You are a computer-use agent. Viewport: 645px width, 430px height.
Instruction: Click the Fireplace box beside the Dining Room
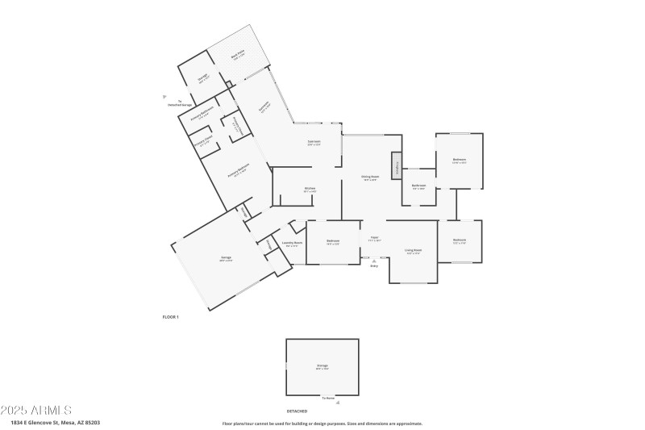[397, 165]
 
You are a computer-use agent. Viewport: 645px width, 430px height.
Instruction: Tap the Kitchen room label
[310, 190]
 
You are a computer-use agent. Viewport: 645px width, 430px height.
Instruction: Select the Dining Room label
[371, 177]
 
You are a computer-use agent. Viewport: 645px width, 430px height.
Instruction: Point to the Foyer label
[374, 239]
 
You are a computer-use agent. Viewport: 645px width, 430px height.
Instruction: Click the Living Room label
[414, 251]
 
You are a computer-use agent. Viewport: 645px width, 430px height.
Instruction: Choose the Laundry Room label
[292, 243]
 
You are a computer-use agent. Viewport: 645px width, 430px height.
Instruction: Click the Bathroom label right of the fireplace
[418, 186]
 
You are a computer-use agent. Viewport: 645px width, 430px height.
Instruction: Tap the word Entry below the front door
[374, 265]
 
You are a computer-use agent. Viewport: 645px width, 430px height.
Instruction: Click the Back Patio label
[238, 54]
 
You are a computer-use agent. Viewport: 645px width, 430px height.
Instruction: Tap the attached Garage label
[227, 258]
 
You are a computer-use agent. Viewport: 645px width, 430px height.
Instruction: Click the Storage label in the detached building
[322, 366]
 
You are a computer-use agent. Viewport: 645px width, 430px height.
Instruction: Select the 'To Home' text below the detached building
[328, 398]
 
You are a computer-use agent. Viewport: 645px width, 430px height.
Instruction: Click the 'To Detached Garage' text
[180, 103]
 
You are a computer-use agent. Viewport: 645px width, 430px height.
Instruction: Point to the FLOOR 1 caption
[170, 317]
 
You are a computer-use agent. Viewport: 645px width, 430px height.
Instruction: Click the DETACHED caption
[298, 411]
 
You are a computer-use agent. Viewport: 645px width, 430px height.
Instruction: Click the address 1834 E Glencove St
[56, 422]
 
